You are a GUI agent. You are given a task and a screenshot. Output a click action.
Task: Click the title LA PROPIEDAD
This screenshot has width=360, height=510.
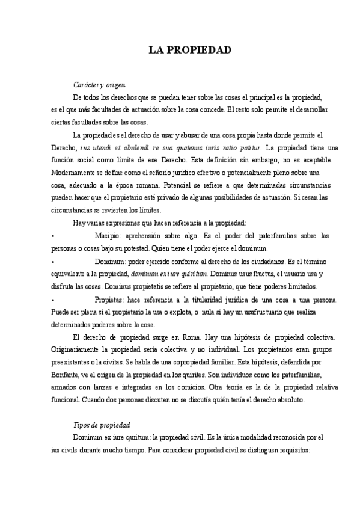(x=190, y=50)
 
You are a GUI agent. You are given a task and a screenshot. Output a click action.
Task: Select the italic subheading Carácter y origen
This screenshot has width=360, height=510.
(x=99, y=86)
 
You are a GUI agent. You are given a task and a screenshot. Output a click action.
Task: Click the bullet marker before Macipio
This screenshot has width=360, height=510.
(x=53, y=237)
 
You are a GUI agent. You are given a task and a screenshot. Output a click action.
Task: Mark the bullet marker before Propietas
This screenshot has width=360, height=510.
(x=53, y=300)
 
